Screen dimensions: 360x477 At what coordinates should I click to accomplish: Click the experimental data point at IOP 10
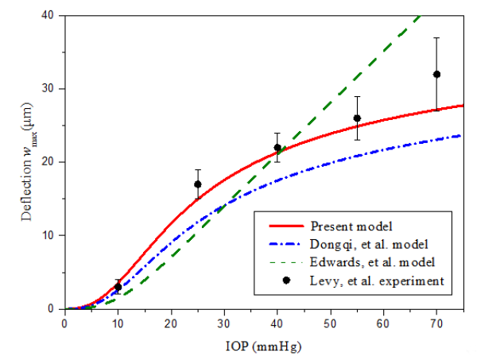118,287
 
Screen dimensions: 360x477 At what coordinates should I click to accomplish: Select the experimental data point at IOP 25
197,184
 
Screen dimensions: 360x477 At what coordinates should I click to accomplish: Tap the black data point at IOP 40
277,147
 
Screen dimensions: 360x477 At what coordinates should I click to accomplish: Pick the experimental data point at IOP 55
357,118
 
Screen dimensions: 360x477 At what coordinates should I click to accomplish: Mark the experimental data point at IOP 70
436,74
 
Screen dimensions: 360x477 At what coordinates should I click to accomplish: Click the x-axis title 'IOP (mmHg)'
262,346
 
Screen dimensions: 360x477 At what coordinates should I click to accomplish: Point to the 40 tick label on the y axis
51,15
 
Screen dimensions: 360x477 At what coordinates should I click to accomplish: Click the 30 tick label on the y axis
51,88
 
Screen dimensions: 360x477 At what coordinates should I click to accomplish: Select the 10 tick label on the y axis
51,235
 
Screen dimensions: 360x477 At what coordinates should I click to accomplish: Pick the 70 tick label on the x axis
436,323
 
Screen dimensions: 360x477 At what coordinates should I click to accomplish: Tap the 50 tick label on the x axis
330,323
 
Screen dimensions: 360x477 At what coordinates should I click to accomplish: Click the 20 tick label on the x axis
171,323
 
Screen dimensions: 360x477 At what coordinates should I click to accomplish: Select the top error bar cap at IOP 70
436,37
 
